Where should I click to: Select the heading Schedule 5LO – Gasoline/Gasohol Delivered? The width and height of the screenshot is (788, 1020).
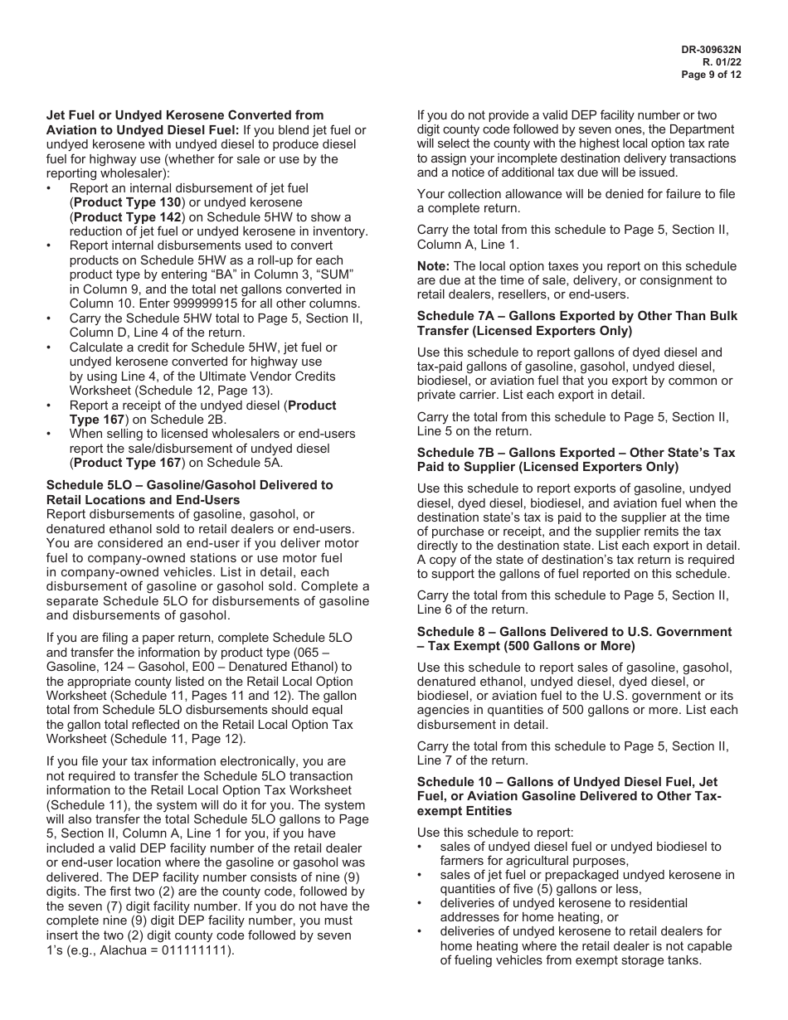click(189, 485)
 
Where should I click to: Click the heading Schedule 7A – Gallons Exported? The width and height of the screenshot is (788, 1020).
click(576, 316)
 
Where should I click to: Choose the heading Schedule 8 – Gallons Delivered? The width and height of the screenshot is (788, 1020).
click(574, 632)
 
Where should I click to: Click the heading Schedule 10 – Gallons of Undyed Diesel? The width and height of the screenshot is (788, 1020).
click(567, 782)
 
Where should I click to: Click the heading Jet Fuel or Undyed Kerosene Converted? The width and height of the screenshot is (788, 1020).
click(184, 115)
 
